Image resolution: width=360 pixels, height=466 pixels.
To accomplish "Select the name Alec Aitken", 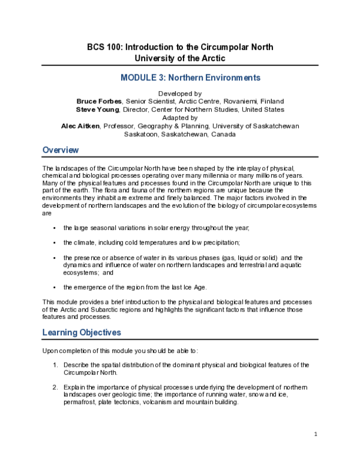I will coord(80,126).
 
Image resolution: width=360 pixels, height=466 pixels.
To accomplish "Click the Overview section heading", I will coord(61,150).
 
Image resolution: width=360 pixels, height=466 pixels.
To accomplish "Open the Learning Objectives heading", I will coord(81,333).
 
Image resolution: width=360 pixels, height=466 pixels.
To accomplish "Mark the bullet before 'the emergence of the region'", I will coord(55,288).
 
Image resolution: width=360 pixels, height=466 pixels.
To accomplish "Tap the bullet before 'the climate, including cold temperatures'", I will coord(55,243).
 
